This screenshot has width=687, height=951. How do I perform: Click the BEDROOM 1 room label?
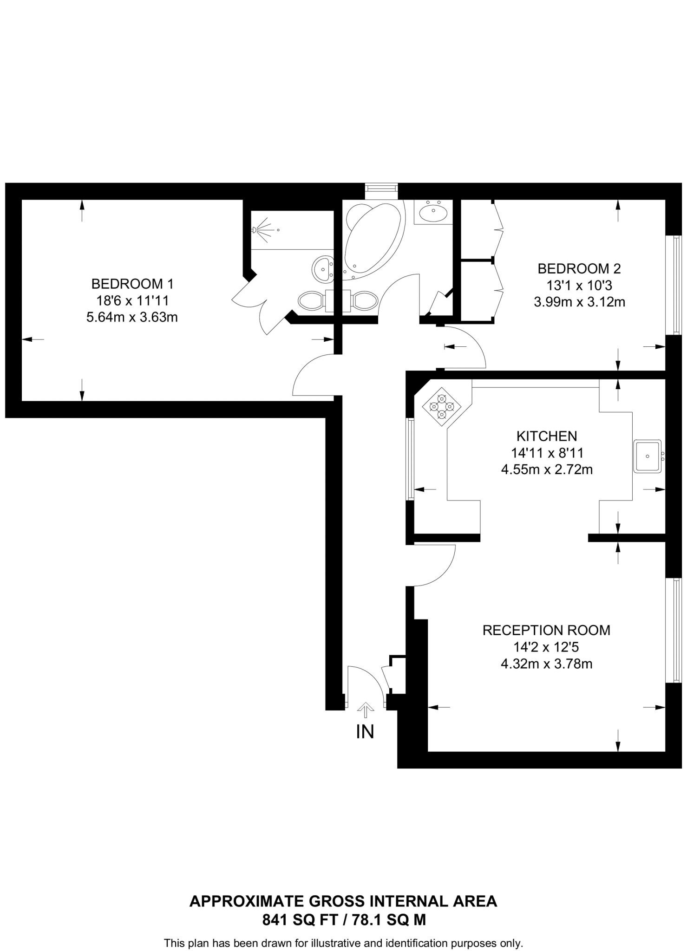[x=132, y=284]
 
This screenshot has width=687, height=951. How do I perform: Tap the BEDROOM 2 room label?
[x=579, y=268]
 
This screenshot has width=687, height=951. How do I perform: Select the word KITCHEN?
[x=547, y=436]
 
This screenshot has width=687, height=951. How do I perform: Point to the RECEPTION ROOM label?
[x=546, y=630]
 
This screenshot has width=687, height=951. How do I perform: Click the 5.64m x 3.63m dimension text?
[x=132, y=318]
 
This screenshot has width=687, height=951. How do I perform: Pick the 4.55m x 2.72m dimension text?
[x=547, y=469]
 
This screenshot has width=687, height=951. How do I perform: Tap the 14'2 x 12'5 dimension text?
[x=546, y=647]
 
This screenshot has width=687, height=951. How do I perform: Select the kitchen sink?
[x=647, y=456]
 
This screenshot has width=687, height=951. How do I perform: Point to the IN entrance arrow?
[x=366, y=710]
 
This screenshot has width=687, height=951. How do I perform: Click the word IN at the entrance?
[x=365, y=732]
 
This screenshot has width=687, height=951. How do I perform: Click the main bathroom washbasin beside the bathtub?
[x=433, y=213]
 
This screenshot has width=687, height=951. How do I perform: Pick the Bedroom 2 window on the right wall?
[x=674, y=284]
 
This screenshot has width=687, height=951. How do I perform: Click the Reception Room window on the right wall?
[x=674, y=630]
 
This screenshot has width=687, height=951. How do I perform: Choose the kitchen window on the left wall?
[x=410, y=459]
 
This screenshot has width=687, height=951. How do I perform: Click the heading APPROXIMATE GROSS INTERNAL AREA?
[x=343, y=901]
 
